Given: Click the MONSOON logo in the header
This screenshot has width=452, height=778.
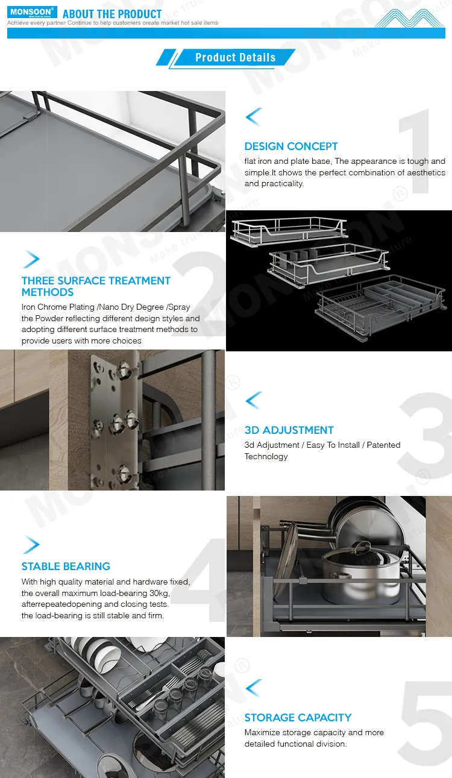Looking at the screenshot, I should pyautogui.click(x=32, y=12).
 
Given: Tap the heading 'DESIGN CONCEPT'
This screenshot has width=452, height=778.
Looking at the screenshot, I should pyautogui.click(x=291, y=146).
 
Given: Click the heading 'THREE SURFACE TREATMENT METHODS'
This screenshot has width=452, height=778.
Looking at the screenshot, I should pyautogui.click(x=96, y=286).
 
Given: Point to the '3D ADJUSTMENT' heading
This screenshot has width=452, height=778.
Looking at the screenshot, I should pyautogui.click(x=289, y=430).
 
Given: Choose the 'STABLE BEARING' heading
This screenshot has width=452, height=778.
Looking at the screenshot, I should pyautogui.click(x=66, y=566).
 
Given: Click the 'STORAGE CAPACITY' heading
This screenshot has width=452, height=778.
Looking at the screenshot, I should pyautogui.click(x=298, y=718).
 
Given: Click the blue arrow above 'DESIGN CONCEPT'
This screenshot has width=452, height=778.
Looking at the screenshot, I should pyautogui.click(x=254, y=116).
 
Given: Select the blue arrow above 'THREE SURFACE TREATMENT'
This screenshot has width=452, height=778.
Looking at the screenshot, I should pyautogui.click(x=31, y=260).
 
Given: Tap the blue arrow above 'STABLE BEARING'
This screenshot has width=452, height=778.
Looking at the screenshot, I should pyautogui.click(x=31, y=545).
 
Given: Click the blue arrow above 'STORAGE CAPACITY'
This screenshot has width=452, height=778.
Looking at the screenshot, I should pyautogui.click(x=254, y=688).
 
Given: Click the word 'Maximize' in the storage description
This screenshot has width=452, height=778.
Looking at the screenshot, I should pyautogui.click(x=264, y=733).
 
